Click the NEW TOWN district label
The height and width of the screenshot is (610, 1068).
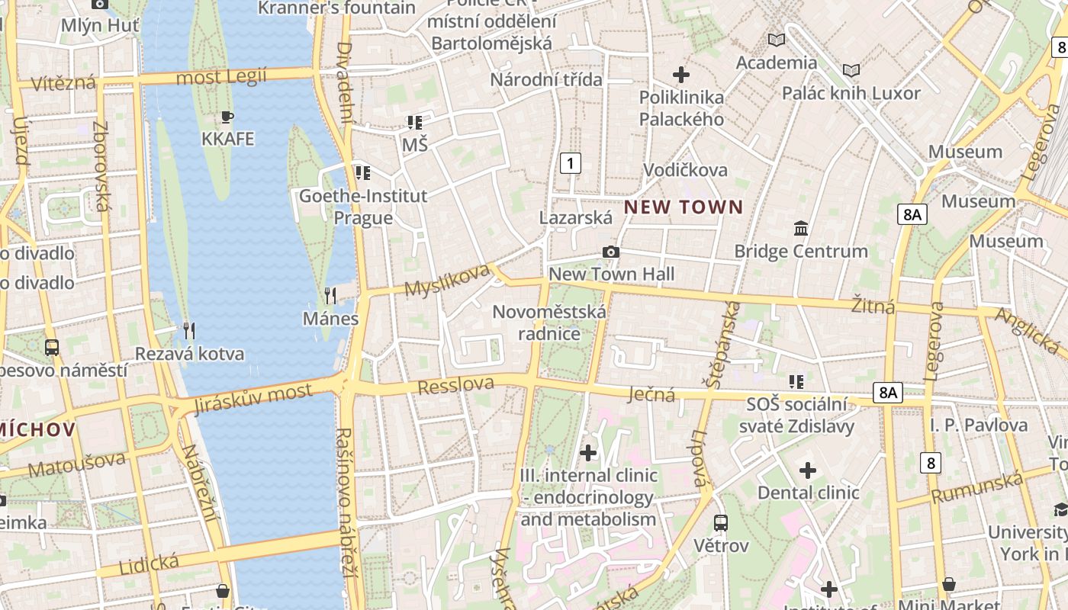pos(684,207)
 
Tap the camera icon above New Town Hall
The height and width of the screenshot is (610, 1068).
pos(610,252)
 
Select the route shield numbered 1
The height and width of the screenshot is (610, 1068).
pos(570,162)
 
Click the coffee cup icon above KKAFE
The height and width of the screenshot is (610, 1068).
pos(227,117)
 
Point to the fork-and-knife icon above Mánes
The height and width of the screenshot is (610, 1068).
pos(330,295)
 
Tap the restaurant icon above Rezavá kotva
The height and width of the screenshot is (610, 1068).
pos(189,330)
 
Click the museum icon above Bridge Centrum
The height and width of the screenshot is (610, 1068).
pos(801,228)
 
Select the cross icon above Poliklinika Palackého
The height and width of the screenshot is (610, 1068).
pos(681,75)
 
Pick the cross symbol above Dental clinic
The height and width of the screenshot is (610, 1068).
pos(808,470)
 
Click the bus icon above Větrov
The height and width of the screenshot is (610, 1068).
pos(721,523)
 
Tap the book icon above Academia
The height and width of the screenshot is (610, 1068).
pos(777,40)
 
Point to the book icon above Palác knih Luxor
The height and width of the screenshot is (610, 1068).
pos(851,71)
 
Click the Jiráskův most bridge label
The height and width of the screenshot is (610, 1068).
pos(253,399)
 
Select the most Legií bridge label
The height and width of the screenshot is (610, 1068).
pos(221,77)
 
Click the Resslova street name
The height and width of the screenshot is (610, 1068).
pos(456,385)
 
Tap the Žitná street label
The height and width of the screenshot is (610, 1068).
pos(873,306)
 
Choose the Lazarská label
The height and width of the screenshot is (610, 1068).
pos(576,218)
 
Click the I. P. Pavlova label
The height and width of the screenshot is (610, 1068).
pos(979,425)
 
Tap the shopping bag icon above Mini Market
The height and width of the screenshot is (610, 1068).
pos(949,584)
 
